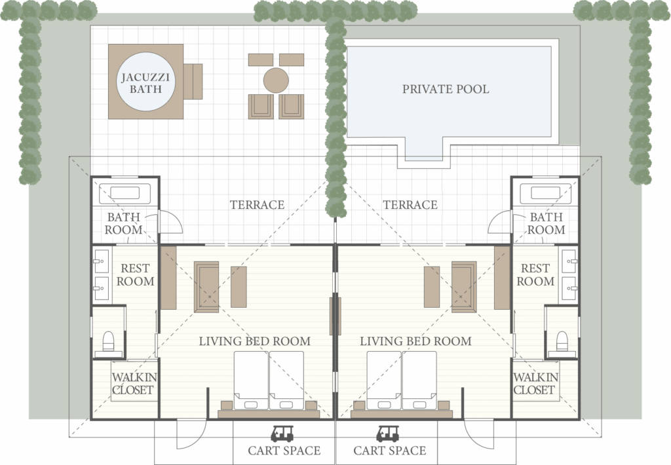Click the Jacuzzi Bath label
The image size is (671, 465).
[x=145, y=83]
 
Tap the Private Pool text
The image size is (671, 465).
[x=446, y=89]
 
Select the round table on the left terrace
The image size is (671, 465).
[x=276, y=80]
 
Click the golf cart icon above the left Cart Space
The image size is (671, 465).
[x=282, y=434]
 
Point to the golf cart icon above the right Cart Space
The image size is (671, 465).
[x=388, y=434]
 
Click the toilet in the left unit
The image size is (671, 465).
[x=108, y=341]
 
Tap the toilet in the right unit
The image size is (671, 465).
[x=562, y=341]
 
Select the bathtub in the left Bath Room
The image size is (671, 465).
[x=125, y=193]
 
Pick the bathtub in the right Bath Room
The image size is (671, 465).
[x=545, y=193]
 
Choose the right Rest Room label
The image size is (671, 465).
[x=535, y=274]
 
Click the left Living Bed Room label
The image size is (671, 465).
[x=255, y=341]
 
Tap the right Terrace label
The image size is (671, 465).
[x=410, y=205]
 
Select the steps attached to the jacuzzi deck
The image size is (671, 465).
[x=193, y=81]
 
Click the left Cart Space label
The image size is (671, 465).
[x=284, y=451]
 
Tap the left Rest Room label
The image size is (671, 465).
[x=135, y=274]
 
